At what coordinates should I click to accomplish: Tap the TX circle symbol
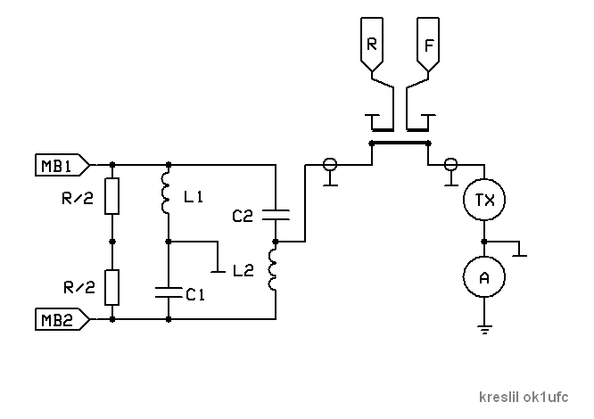484,200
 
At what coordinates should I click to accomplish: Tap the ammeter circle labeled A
484,278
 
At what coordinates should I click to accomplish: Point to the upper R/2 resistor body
111,196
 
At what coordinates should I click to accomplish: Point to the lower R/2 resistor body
111,287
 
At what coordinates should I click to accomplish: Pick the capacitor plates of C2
276,213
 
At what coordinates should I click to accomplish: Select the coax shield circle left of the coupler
329,164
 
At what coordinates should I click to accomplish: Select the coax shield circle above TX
450,164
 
